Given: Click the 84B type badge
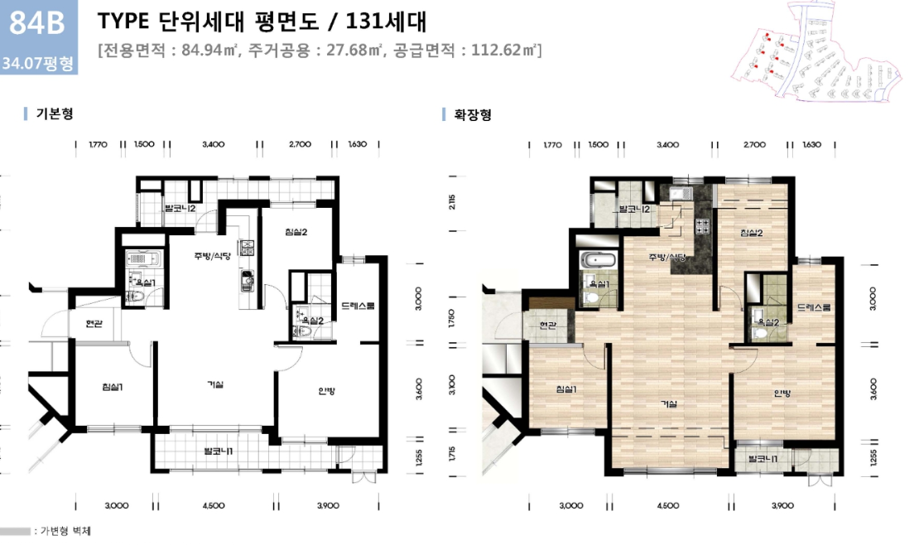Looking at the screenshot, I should [x=36, y=24].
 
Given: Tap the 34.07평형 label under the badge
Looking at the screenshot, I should [x=38, y=62].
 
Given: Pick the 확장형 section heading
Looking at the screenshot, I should [x=472, y=114].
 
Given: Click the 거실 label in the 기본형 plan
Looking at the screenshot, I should [x=216, y=384].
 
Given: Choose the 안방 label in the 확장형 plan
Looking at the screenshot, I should [x=782, y=393].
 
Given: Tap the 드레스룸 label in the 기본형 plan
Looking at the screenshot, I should [x=358, y=306].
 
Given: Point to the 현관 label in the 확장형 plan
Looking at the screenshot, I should [x=547, y=326].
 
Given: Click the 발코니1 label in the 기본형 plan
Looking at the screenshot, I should [x=219, y=451].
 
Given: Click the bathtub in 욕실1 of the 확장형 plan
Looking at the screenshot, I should [x=599, y=261].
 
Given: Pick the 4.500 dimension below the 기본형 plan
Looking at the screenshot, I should [x=213, y=505].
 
